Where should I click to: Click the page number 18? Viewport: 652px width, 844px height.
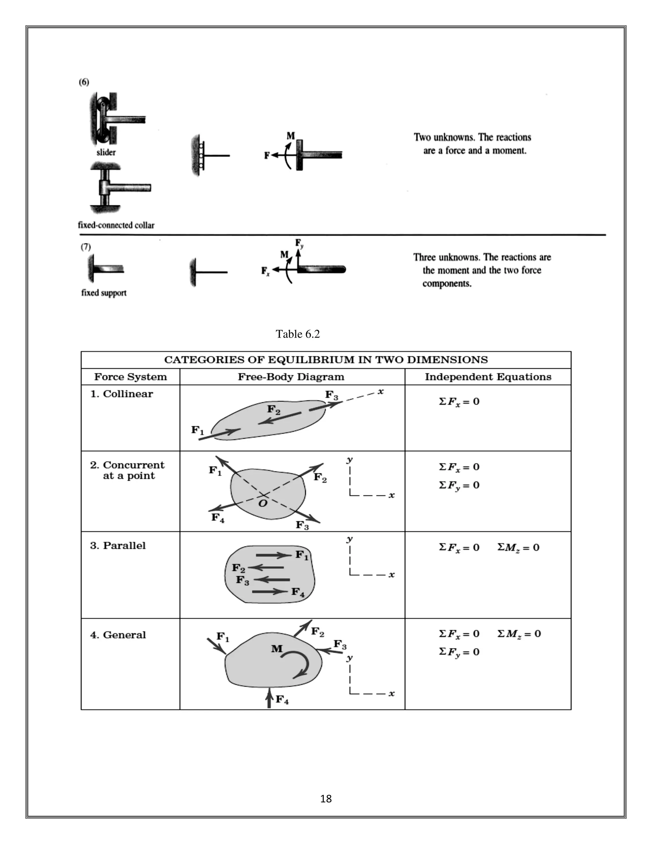tap(326, 798)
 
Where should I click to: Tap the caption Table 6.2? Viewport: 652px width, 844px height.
tap(297, 334)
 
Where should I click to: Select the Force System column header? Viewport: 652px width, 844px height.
tap(131, 377)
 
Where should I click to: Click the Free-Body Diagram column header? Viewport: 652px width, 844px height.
tap(291, 377)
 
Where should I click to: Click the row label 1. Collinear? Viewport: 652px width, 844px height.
tap(121, 394)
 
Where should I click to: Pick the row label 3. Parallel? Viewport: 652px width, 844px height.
tap(118, 546)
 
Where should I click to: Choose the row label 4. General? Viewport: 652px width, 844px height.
tap(118, 635)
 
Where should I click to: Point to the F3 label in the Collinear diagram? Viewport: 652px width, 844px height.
tap(331, 395)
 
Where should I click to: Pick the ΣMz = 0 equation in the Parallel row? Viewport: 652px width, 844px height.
tap(518, 547)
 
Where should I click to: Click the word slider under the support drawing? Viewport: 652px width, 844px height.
tap(106, 152)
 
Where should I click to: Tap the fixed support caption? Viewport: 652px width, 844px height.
tap(103, 293)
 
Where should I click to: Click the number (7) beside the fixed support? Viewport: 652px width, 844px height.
tap(85, 247)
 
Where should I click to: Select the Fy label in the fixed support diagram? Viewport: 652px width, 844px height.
tap(299, 243)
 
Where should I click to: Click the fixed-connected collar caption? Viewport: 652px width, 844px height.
tap(116, 225)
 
